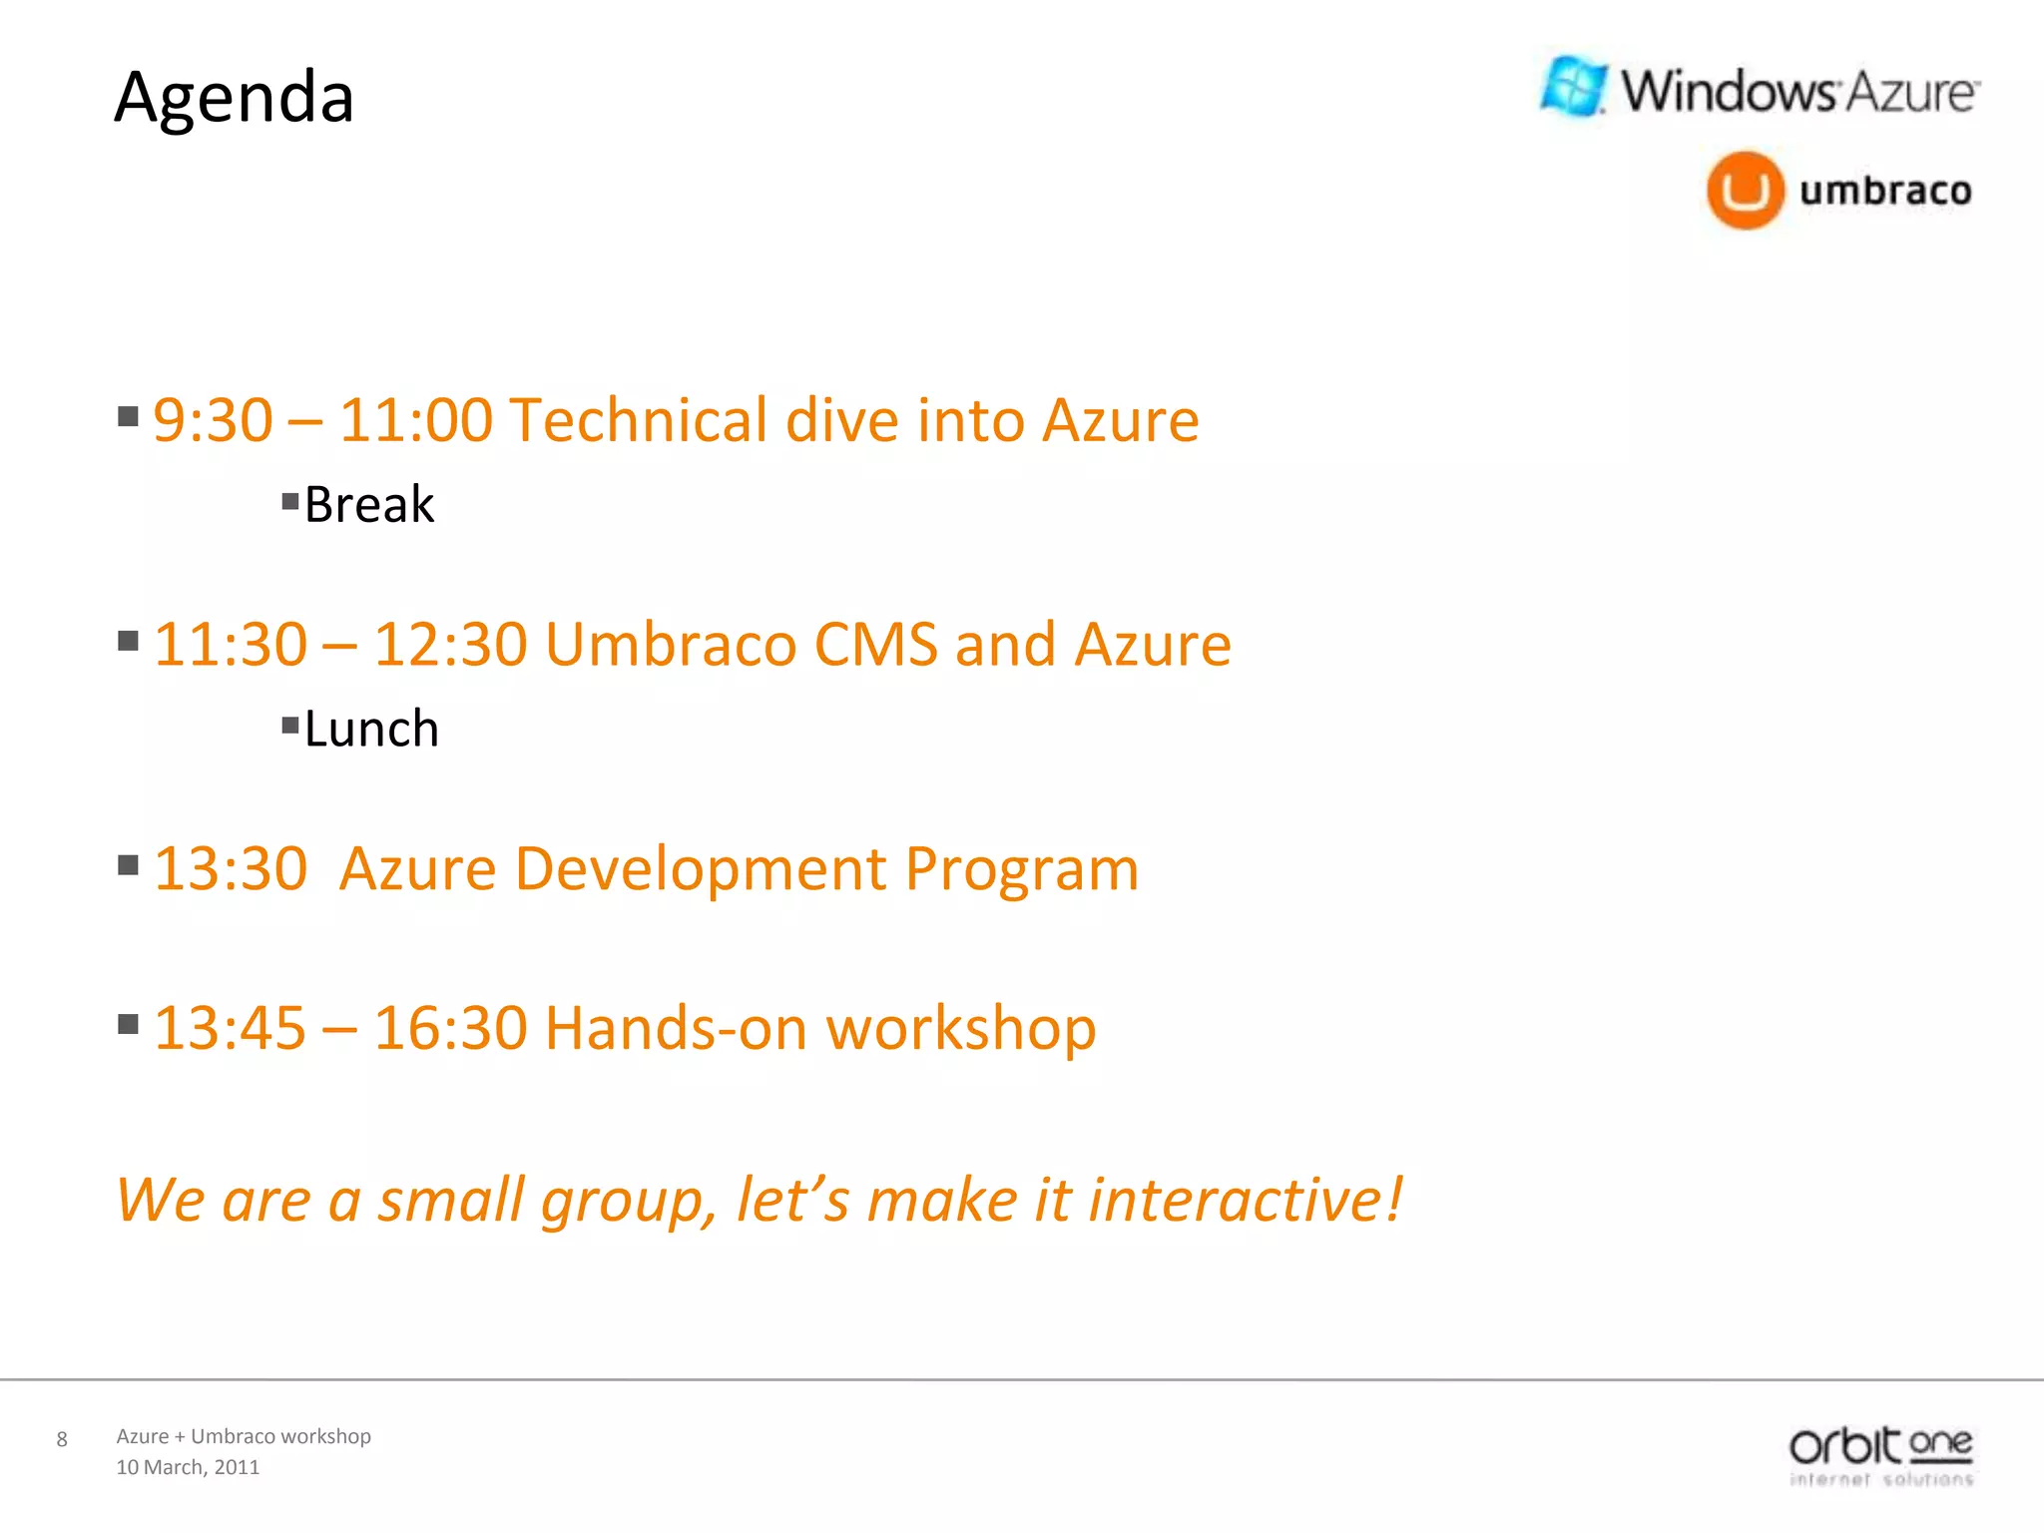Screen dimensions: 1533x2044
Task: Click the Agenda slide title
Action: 235,98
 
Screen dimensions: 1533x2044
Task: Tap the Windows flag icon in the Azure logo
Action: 1573,87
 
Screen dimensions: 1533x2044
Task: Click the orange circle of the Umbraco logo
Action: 1745,190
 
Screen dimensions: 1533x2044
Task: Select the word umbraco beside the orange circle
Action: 1885,190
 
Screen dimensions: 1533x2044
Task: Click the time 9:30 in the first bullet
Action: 213,420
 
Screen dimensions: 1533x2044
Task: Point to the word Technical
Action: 638,420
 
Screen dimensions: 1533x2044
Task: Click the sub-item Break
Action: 368,504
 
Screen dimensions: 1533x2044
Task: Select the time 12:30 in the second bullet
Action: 450,645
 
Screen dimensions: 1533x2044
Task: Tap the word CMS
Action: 875,645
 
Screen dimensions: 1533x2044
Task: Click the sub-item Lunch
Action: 371,729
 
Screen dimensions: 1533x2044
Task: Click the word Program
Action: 1022,869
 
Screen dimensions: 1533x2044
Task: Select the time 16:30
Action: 450,1028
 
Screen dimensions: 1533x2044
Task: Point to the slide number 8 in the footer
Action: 62,1439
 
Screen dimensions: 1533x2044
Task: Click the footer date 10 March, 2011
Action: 188,1467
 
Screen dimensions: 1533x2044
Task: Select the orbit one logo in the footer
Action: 1880,1456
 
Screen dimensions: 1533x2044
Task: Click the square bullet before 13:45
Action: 128,1024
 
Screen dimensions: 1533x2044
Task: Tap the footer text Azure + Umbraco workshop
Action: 244,1436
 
